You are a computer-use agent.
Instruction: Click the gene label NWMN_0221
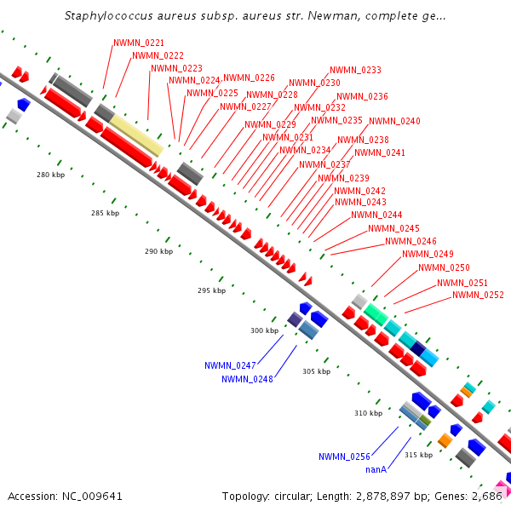click(x=139, y=43)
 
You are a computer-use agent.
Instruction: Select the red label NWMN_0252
click(x=478, y=296)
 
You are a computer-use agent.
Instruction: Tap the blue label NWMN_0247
click(x=230, y=365)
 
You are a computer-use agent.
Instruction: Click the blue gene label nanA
click(x=376, y=469)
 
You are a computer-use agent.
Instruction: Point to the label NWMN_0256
click(x=344, y=456)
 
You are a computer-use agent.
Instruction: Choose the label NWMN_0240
click(x=394, y=122)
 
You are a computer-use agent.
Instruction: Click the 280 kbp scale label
click(x=50, y=175)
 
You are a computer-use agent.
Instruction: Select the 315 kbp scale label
click(x=418, y=455)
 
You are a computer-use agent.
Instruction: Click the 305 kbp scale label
click(x=315, y=371)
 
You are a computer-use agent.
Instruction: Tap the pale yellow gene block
click(x=136, y=135)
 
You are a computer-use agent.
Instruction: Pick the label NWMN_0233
click(x=355, y=70)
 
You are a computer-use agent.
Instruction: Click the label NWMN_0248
click(x=247, y=379)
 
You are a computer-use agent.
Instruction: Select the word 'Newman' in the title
click(x=323, y=16)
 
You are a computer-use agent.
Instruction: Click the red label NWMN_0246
click(x=411, y=241)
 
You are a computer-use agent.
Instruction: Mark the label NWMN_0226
click(x=249, y=78)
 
